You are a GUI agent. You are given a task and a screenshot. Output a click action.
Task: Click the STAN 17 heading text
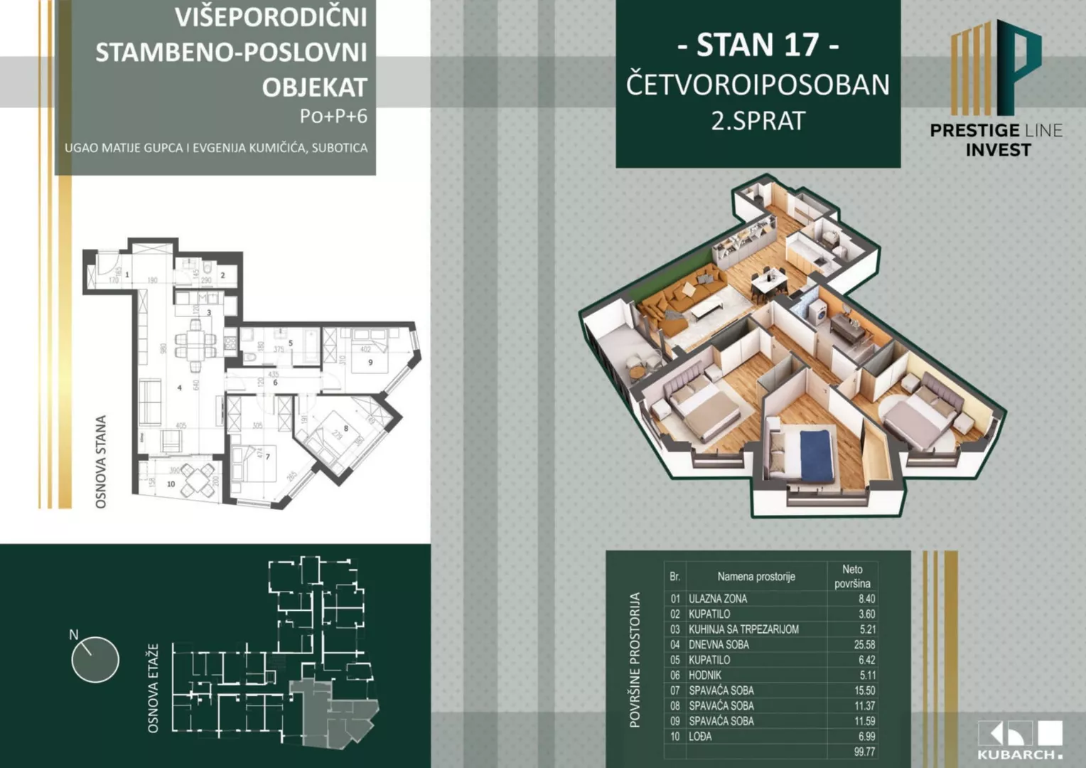pyautogui.click(x=758, y=46)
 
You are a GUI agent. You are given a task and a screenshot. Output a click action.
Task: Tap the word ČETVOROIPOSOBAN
pyautogui.click(x=758, y=85)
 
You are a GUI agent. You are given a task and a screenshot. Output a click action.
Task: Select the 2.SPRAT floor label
pyautogui.click(x=758, y=121)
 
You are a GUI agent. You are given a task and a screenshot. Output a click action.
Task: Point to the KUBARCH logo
pyautogui.click(x=1020, y=740)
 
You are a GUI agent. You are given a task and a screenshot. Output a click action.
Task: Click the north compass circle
pyautogui.click(x=95, y=659)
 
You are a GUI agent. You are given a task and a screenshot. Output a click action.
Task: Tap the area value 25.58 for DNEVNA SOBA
pyautogui.click(x=864, y=644)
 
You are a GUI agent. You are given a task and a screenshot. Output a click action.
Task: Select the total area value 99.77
pyautogui.click(x=864, y=752)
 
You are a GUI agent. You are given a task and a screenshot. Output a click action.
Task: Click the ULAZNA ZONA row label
pyautogui.click(x=718, y=599)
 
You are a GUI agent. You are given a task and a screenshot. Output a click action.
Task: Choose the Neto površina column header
pyautogui.click(x=852, y=576)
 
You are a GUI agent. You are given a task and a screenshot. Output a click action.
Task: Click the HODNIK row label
pyautogui.click(x=705, y=675)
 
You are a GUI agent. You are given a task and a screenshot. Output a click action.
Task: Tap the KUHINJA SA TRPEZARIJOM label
pyautogui.click(x=743, y=629)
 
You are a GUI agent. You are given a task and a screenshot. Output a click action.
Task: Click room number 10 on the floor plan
pyautogui.click(x=171, y=484)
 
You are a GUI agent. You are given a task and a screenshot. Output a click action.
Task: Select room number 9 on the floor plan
pyautogui.click(x=370, y=363)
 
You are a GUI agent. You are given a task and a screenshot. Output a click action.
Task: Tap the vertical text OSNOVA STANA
pyautogui.click(x=101, y=462)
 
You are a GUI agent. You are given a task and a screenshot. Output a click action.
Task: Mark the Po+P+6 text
pyautogui.click(x=333, y=116)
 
